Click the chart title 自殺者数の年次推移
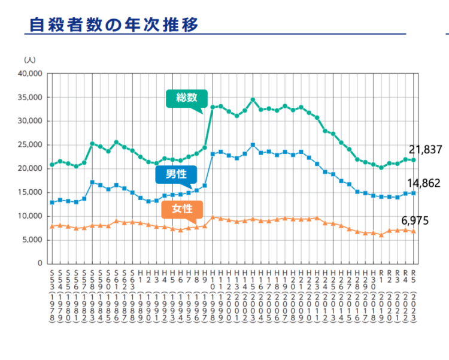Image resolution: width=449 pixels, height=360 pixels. (114, 25)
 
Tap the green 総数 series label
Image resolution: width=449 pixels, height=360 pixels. (186, 98)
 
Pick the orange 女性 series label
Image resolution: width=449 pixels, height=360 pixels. (183, 208)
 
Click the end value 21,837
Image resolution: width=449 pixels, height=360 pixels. (425, 150)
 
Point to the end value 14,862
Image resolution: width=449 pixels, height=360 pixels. (425, 184)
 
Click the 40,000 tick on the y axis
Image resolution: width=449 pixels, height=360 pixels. (29, 74)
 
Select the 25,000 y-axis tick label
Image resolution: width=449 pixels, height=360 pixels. (29, 145)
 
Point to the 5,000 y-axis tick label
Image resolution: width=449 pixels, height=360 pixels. (32, 240)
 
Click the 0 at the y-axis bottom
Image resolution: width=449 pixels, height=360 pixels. (40, 263)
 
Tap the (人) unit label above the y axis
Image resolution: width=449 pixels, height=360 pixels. (29, 60)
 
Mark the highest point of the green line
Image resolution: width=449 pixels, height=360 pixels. (253, 100)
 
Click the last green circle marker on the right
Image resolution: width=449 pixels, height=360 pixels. (413, 160)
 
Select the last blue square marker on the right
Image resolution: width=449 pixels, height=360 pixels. (413, 193)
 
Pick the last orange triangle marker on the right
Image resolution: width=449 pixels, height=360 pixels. (413, 231)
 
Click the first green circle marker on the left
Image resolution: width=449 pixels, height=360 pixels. (52, 164)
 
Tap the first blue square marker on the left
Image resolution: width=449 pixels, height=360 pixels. (52, 202)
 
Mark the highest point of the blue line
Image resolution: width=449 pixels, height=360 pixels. (253, 145)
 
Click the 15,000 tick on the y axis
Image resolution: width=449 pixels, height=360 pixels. (29, 192)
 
